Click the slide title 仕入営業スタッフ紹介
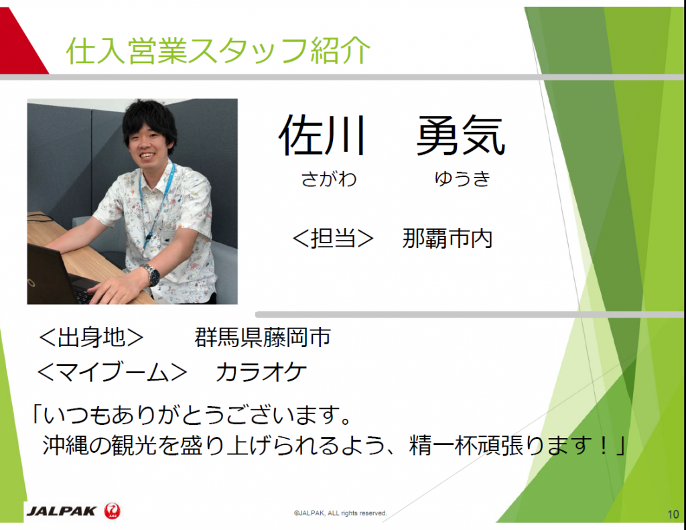[x=218, y=51]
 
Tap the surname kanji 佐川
[x=322, y=135]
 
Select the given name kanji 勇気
[x=461, y=135]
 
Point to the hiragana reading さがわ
[x=329, y=178]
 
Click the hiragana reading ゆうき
[x=462, y=178]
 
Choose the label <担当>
[x=332, y=239]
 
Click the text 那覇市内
[x=447, y=239]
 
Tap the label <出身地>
[x=91, y=338]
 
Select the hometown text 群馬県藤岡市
[x=263, y=338]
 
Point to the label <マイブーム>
[x=112, y=373]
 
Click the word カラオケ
[x=261, y=373]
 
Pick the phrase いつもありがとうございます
[x=192, y=414]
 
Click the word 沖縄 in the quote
[x=66, y=446]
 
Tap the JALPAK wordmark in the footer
[x=61, y=511]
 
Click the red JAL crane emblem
[x=112, y=511]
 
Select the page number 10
[x=673, y=514]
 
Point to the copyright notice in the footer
[x=340, y=513]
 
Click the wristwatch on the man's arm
[x=151, y=275]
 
